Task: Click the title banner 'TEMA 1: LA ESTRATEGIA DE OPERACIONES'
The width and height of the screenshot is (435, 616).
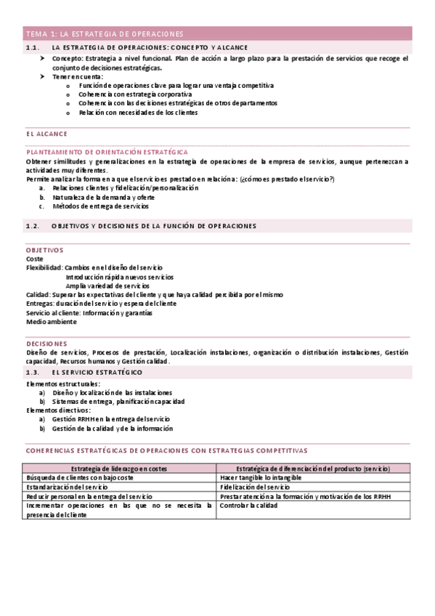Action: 105,33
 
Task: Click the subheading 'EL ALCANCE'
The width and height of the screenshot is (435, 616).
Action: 46,134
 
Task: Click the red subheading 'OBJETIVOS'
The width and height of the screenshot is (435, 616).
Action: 45,250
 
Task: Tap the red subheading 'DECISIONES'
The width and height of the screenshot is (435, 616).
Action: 47,343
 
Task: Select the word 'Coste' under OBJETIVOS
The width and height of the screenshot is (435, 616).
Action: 34,259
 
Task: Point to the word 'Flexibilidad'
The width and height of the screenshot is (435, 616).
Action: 44,267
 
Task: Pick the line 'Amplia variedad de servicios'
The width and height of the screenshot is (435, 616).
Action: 107,285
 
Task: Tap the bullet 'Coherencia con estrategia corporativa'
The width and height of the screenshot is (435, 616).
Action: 135,94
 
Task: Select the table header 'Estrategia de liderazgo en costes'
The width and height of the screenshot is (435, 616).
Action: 119,469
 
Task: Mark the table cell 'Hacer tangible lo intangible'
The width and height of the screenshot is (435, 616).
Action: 261,478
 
